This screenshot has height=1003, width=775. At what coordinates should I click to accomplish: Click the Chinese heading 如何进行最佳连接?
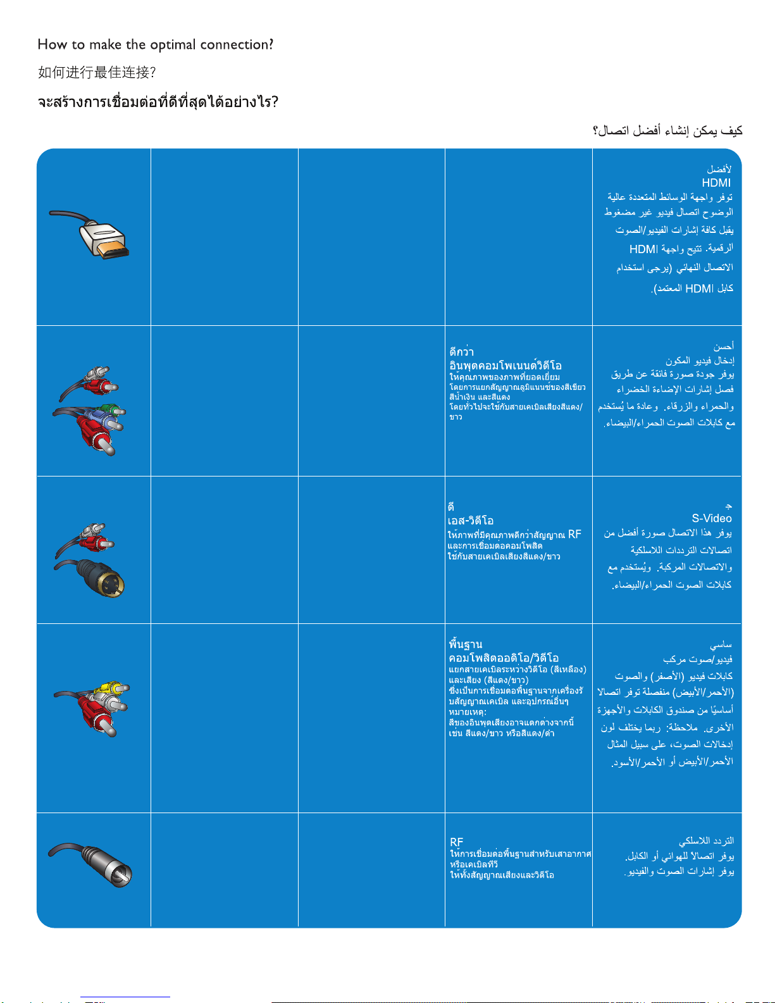97,73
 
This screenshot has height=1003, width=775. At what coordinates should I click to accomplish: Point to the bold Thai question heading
158,102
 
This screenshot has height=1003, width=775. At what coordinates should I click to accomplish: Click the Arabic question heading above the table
667,131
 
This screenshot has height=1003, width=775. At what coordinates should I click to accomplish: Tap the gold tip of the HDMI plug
113,247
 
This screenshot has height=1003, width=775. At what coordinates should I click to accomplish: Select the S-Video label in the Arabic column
712,518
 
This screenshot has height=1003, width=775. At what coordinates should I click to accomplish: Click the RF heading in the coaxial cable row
457,842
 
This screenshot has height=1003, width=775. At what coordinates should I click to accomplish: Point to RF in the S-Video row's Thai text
574,534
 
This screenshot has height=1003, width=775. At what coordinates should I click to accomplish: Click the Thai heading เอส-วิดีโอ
471,521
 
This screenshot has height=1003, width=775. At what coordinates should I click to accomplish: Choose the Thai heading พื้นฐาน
466,644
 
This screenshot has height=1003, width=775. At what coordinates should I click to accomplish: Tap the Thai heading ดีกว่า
462,351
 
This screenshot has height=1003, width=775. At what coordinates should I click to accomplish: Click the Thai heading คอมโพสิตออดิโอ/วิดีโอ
504,658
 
